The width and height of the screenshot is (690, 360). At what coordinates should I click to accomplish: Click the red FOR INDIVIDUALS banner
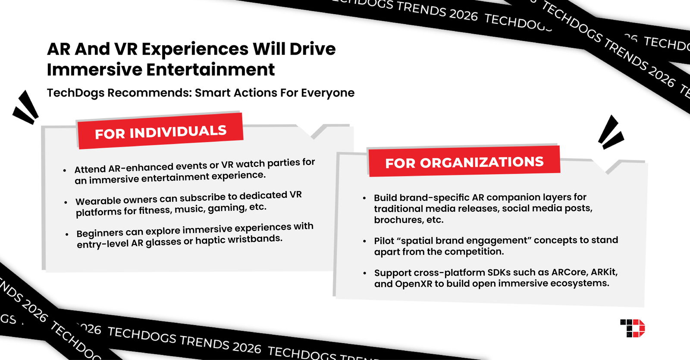coord(160,131)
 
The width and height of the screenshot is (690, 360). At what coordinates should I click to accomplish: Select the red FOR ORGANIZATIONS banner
coord(464,162)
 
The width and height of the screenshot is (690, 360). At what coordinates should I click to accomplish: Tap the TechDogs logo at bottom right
coord(632,328)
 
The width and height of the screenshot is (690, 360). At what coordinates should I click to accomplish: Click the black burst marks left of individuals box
coord(26,108)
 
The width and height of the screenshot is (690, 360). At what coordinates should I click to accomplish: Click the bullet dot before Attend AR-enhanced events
coord(65,170)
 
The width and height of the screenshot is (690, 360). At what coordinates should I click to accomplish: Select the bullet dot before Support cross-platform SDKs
coord(365,273)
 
